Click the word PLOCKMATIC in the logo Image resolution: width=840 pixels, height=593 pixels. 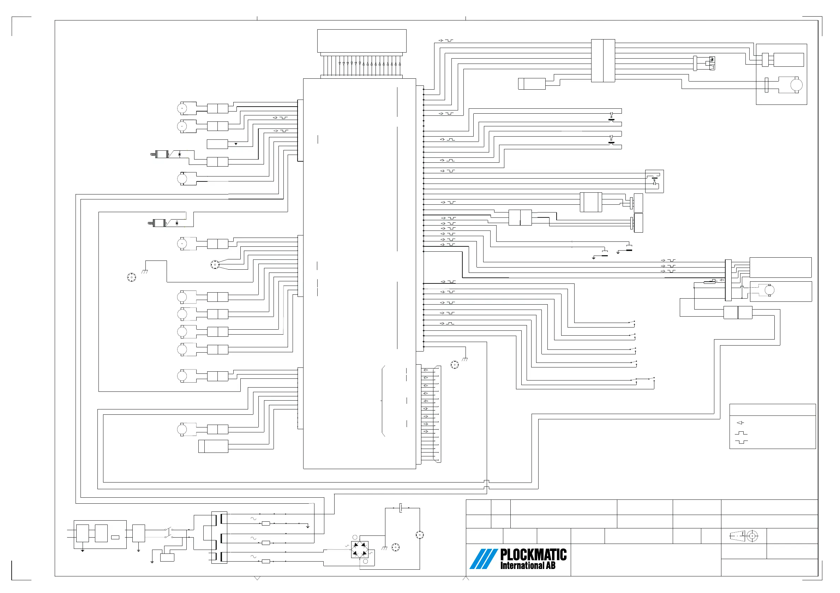point(533,555)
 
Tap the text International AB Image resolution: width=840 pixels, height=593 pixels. point(528,565)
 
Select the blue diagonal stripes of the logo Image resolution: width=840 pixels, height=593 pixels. point(483,559)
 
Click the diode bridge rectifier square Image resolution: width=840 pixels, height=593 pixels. point(360,550)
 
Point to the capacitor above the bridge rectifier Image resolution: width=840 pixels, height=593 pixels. point(401,508)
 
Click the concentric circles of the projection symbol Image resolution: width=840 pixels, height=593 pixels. point(752,536)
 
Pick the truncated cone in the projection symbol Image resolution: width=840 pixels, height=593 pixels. point(738,536)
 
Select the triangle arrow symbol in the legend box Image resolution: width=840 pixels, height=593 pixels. point(740,423)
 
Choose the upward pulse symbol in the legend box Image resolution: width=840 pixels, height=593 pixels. point(741,433)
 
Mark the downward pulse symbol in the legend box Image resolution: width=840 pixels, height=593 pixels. point(741,442)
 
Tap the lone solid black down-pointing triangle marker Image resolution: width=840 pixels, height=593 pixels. point(236,144)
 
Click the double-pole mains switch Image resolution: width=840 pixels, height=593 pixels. point(169,533)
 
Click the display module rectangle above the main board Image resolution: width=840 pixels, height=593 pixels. point(361,41)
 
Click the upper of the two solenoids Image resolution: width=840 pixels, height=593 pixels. point(161,154)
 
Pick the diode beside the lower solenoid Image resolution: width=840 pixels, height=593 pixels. point(177,223)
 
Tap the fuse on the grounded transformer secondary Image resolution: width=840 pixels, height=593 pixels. point(266,523)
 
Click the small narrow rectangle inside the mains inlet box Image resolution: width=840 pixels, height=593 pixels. point(115,537)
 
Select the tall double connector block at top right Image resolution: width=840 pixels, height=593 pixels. point(603,60)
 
